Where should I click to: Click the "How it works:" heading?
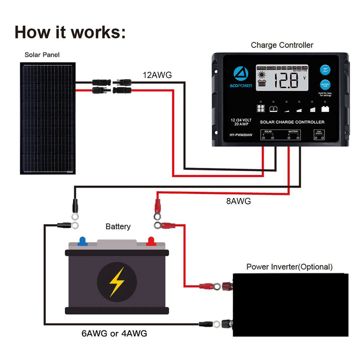pyautogui.click(x=70, y=32)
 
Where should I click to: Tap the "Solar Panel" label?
pyautogui.click(x=42, y=55)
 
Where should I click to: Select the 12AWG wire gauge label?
pyautogui.click(x=157, y=75)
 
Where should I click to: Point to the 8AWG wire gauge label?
pyautogui.click(x=238, y=202)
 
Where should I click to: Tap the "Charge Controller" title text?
pyautogui.click(x=282, y=45)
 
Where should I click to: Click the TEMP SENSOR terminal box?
pyautogui.click(x=319, y=134)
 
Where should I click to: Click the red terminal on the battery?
pyautogui.click(x=151, y=241)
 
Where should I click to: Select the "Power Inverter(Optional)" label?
pyautogui.click(x=289, y=267)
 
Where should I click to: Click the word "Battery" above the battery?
pyautogui.click(x=118, y=226)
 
